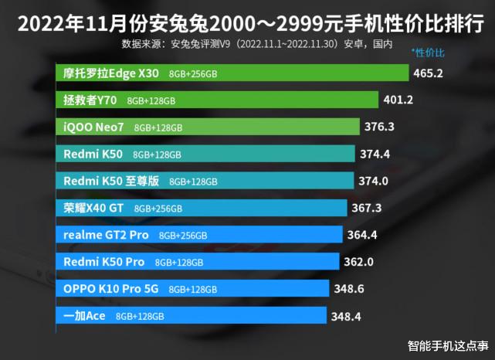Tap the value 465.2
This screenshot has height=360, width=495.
pos(429,73)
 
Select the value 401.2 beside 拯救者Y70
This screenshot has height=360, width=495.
pos(399,100)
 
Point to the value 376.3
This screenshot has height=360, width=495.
pos(381,127)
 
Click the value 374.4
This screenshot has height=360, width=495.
pos(376,154)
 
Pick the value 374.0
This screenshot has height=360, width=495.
pos(376,181)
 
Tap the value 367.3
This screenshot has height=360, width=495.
pos(368,208)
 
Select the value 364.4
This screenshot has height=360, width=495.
pos(364,235)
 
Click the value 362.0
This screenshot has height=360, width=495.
pos(359,262)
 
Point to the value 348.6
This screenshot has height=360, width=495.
pos(349,289)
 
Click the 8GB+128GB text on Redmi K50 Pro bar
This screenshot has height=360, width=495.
pos(178,263)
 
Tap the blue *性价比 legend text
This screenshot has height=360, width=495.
pos(429,53)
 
